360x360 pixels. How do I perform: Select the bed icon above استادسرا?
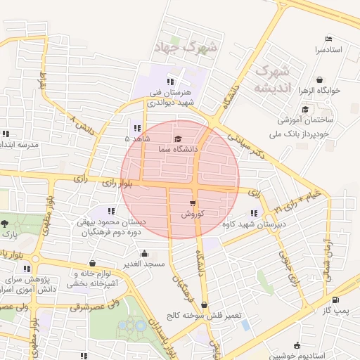tap(328, 38)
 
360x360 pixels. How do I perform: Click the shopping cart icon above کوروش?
tap(192, 202)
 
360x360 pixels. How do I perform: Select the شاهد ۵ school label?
tap(137, 139)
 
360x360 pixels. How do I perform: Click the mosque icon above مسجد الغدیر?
tap(144, 253)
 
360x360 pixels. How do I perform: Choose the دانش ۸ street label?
tap(82, 127)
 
